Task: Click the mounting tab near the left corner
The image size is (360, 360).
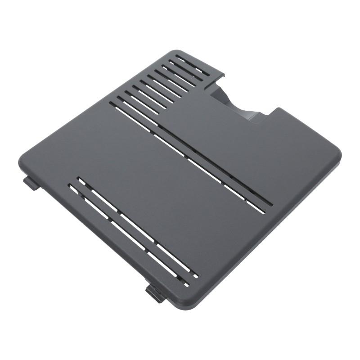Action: (x=30, y=182)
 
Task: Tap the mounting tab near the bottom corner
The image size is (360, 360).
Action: (x=153, y=292)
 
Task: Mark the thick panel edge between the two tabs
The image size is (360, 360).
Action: (x=90, y=238)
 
